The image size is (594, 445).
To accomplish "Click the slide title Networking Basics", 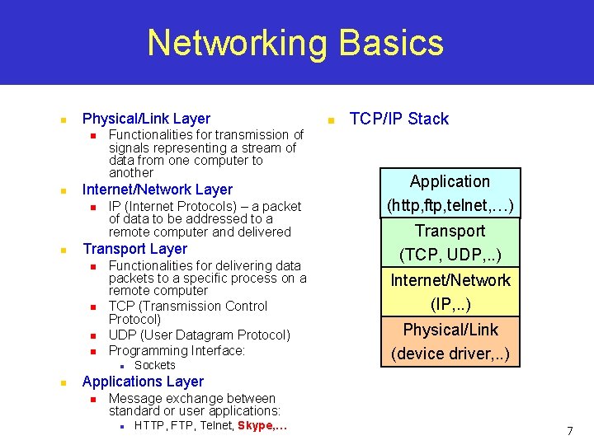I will tap(295, 43).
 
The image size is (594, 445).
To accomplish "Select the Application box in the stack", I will tap(450, 193).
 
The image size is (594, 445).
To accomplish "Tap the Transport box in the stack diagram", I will tap(450, 242).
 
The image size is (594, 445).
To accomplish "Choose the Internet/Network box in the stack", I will tap(450, 292).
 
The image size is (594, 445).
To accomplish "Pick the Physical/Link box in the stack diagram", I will tap(450, 341).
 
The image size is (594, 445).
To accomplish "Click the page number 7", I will tap(569, 431).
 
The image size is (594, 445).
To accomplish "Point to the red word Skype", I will tap(255, 425).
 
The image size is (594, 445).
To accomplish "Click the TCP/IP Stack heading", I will tap(398, 119).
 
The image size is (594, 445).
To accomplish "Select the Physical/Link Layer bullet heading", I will tap(146, 119).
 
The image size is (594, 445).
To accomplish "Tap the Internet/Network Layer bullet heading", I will tap(158, 190).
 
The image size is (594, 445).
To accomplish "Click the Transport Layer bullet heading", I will tap(134, 249).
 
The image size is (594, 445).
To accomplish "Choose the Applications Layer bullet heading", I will tap(143, 382).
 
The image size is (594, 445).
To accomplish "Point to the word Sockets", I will tap(154, 365).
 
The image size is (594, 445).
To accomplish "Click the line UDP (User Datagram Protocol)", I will tap(199, 335).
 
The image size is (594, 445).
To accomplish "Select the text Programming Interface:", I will tap(177, 350).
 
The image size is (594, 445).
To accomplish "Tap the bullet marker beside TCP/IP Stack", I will tap(329, 120).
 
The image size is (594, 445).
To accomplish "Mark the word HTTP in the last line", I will tap(148, 425).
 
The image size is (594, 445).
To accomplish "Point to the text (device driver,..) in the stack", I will tap(450, 355).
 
